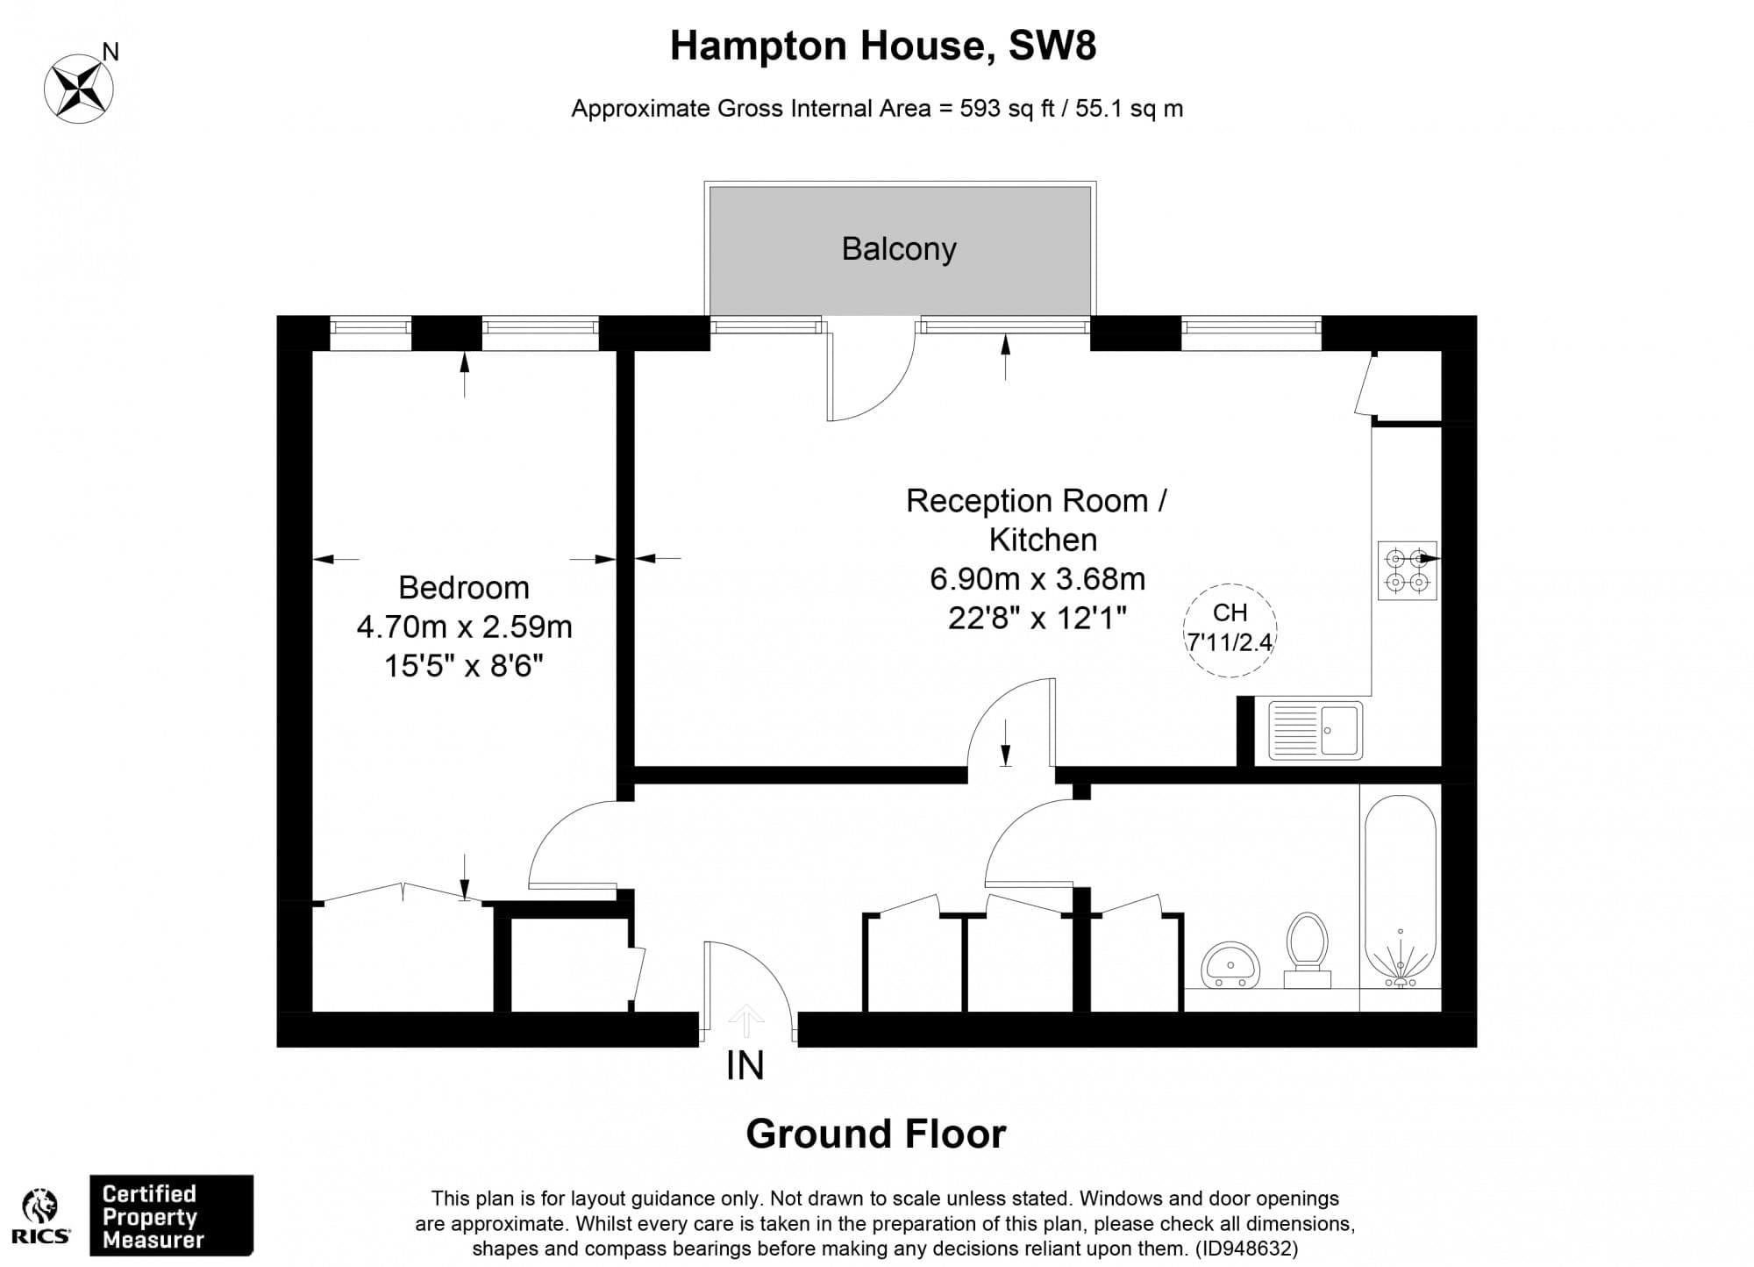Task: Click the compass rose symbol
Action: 79,89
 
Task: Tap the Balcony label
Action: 899,249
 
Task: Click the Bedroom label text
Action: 464,587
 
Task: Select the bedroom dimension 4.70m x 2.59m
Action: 464,626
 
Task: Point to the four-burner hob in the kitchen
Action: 1407,570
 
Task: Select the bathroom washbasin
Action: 1230,965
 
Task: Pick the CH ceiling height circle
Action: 1230,629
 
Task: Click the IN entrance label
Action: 745,1065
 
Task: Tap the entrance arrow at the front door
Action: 745,1020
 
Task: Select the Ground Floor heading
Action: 875,1134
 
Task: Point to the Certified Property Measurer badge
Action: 171,1216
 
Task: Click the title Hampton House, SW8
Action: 882,46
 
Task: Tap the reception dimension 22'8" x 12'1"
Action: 1037,619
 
